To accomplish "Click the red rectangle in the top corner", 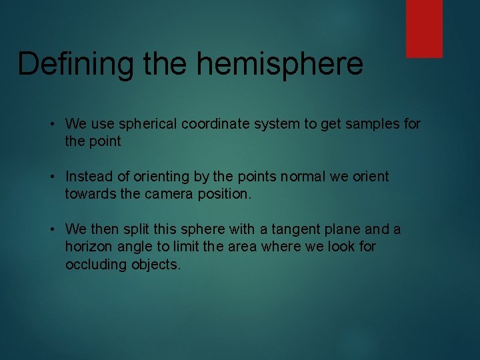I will (x=424, y=28).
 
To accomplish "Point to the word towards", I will (x=89, y=194).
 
